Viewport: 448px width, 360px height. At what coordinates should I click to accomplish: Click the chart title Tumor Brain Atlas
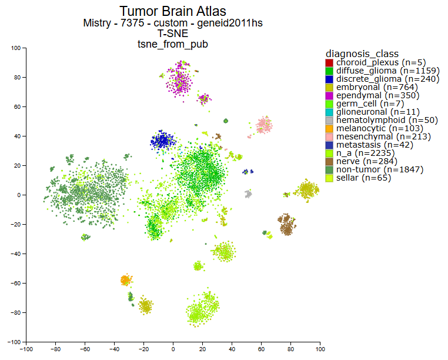point(173,11)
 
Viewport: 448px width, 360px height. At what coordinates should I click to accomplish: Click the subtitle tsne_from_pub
point(173,44)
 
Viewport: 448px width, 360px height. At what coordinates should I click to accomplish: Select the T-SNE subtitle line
point(173,34)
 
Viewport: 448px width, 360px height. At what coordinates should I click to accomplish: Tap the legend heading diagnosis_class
point(362,54)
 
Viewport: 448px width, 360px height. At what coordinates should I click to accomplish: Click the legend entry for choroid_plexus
point(380,62)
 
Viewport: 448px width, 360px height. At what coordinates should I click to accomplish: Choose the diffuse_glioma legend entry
point(387,71)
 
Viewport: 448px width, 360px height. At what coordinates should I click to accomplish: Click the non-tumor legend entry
point(384,169)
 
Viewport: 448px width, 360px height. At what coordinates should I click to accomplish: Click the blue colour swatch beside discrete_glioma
point(329,79)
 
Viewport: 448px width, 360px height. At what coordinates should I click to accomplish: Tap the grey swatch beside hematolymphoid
point(329,120)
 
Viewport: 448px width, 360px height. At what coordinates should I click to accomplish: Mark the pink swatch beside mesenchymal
point(329,136)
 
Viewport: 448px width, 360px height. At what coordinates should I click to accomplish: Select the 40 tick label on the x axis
point(232,348)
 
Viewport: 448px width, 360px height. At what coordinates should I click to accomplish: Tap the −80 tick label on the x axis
point(55,348)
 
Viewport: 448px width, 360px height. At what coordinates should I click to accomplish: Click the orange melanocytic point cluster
point(125,280)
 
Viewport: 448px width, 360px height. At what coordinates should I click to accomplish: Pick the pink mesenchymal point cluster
point(264,124)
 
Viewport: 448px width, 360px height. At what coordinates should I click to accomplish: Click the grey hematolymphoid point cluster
point(248,194)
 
